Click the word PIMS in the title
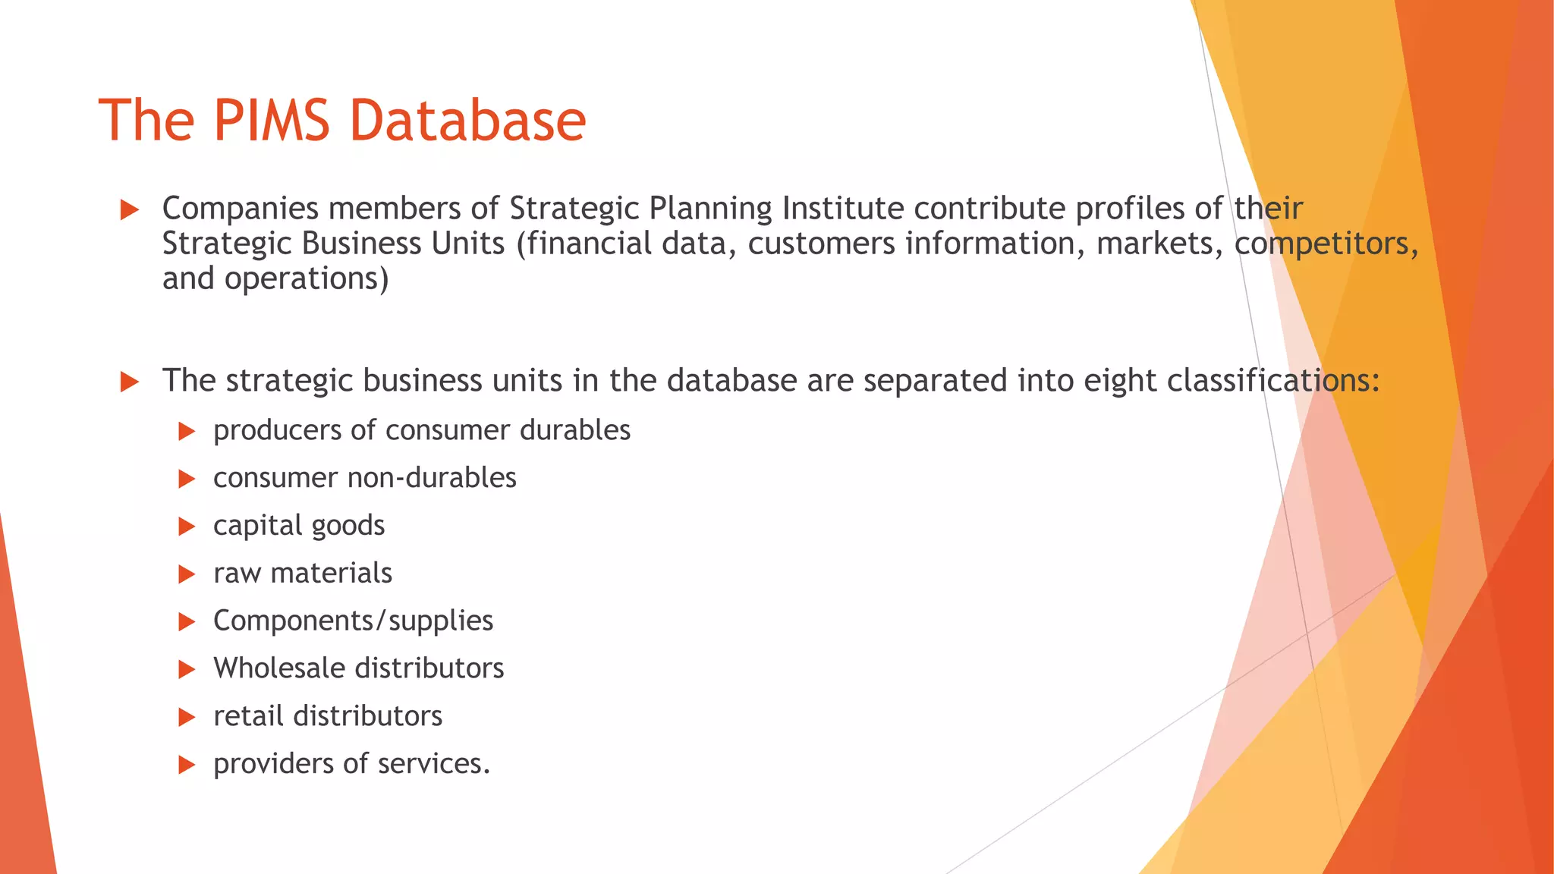[x=271, y=120]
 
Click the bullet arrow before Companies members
[x=130, y=210]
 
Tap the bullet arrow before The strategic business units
[x=130, y=382]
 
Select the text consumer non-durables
[x=364, y=478]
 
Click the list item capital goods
[x=299, y=526]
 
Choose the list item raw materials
[x=303, y=573]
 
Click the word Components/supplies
[x=353, y=621]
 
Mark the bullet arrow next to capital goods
[x=187, y=527]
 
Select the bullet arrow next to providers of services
[x=187, y=765]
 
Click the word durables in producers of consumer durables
[x=575, y=430]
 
